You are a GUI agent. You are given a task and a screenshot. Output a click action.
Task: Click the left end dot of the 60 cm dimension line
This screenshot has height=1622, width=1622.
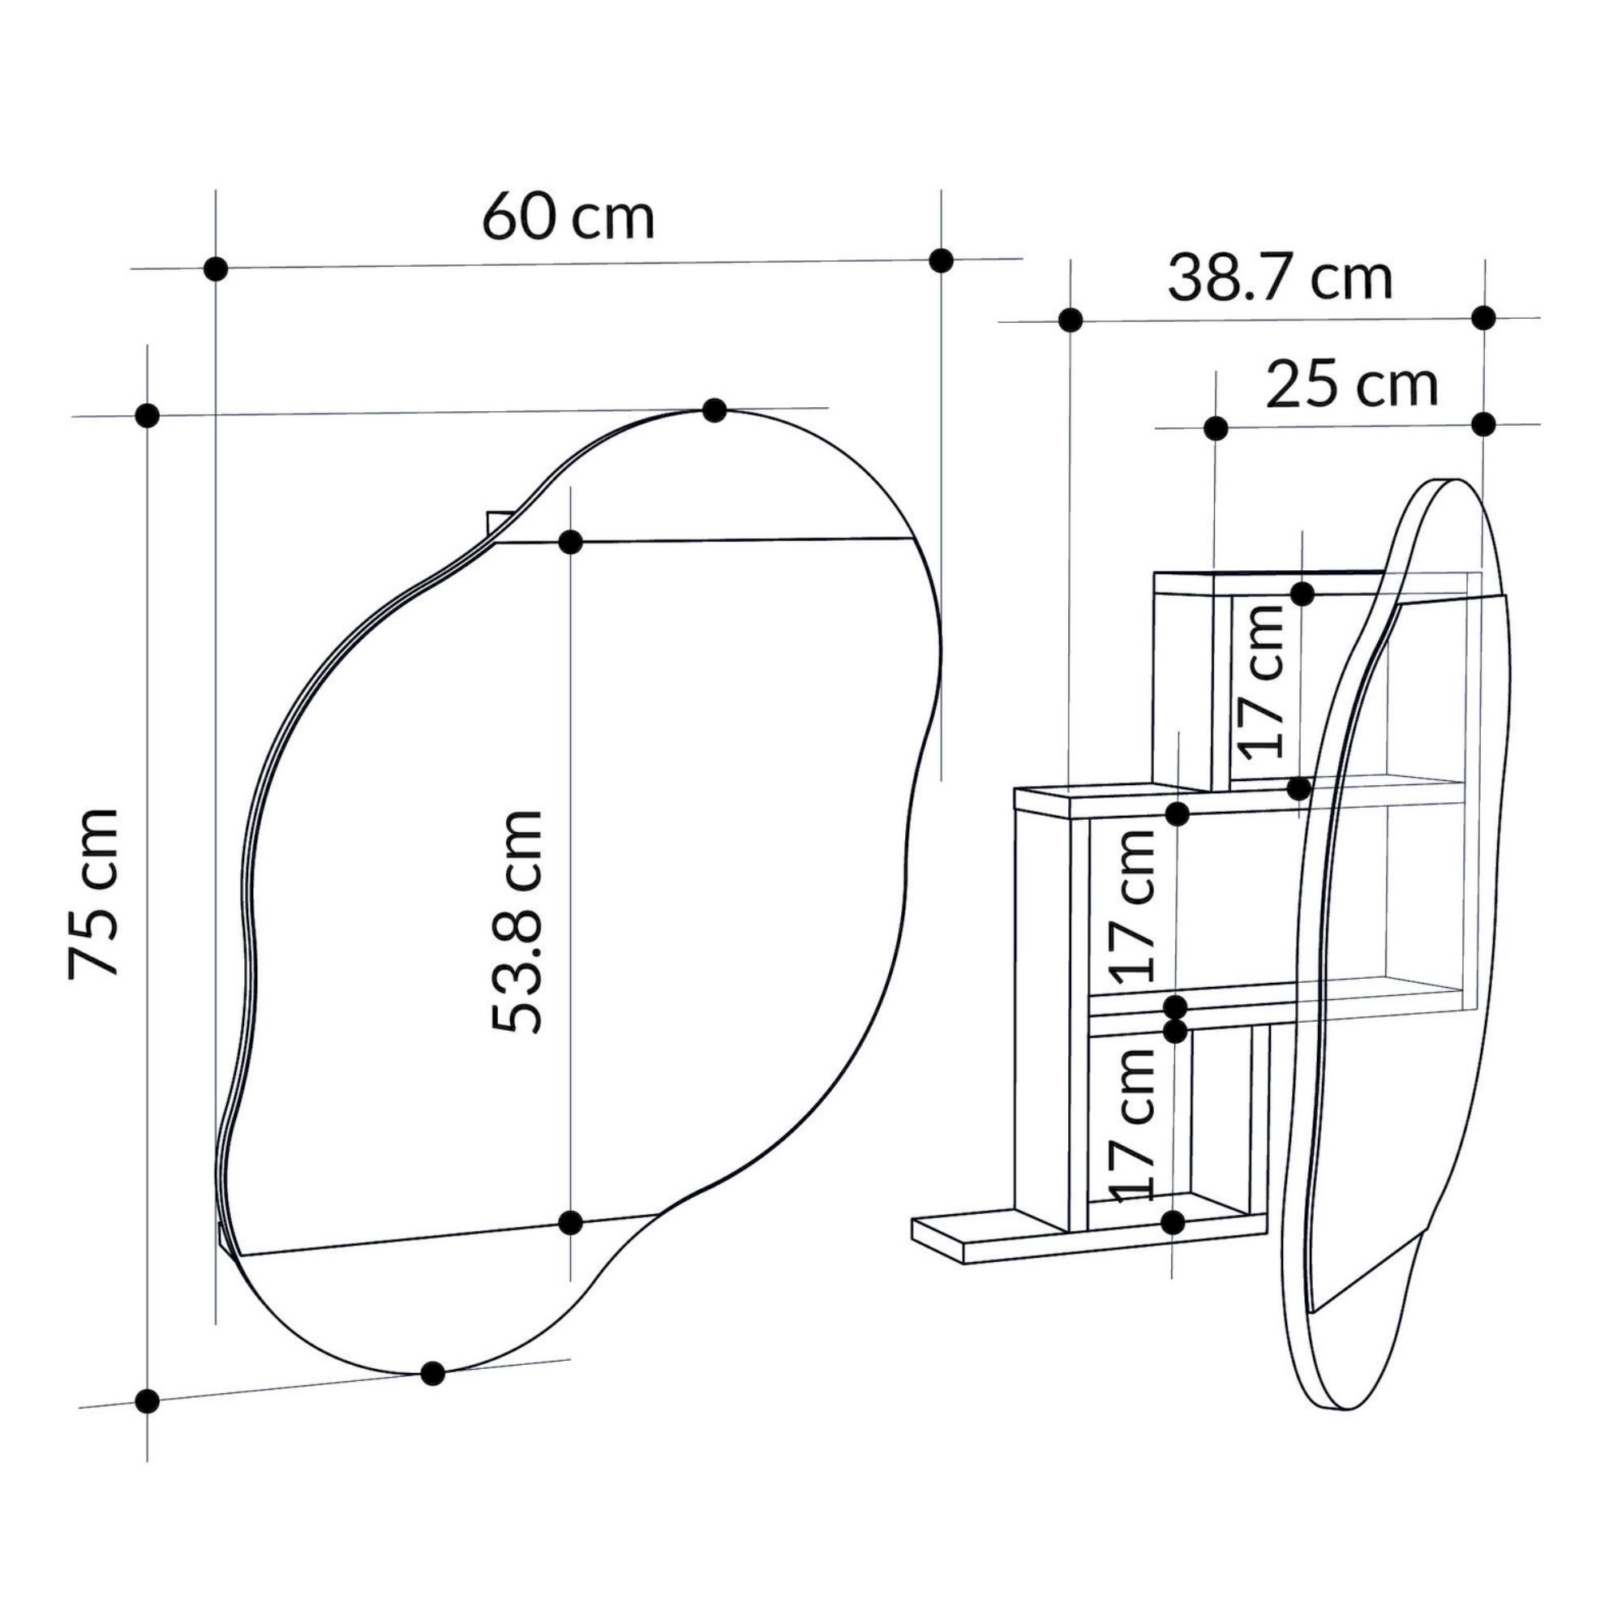[216, 268]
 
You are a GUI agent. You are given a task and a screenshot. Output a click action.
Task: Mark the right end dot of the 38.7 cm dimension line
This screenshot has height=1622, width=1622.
[1483, 317]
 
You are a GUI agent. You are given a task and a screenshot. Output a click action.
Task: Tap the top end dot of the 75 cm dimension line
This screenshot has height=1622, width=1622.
[147, 414]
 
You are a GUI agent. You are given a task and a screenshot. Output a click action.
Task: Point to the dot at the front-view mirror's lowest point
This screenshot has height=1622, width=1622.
[431, 1373]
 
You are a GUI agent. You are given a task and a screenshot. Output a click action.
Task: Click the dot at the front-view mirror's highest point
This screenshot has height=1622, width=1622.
[714, 410]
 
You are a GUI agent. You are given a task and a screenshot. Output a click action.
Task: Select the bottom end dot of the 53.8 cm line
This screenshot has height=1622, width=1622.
[570, 1222]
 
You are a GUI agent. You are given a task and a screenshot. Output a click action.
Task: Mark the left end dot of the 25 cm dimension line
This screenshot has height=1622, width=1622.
[1215, 428]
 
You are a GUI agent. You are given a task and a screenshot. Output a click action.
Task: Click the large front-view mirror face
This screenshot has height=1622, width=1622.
[579, 890]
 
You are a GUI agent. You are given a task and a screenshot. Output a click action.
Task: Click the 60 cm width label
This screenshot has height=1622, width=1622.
[569, 217]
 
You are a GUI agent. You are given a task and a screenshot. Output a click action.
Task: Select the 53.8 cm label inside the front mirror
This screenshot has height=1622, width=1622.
[517, 921]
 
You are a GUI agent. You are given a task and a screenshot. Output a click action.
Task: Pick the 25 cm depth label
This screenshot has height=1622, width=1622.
[1352, 384]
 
